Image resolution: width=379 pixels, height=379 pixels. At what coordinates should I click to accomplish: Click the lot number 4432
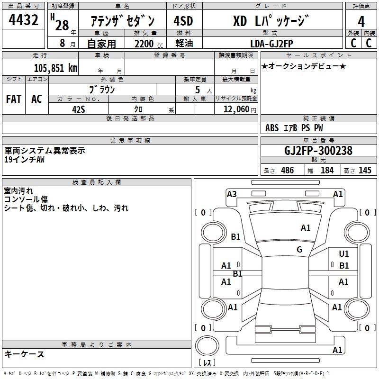(24, 21)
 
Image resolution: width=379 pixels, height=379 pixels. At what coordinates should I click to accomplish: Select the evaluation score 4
(361, 21)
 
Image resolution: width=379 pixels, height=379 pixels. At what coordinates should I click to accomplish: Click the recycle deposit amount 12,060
(235, 108)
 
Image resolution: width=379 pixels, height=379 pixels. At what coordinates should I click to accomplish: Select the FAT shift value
(14, 99)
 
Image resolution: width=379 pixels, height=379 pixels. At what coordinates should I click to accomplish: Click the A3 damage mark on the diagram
(232, 194)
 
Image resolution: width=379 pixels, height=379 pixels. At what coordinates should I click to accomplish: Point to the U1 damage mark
(344, 254)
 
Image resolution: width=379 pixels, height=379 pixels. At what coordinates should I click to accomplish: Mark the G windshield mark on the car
(299, 250)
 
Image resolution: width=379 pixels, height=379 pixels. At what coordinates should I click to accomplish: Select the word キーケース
(25, 354)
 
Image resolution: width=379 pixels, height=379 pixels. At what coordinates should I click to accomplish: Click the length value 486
(287, 171)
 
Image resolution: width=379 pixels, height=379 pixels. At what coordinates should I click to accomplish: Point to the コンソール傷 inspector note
(26, 199)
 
